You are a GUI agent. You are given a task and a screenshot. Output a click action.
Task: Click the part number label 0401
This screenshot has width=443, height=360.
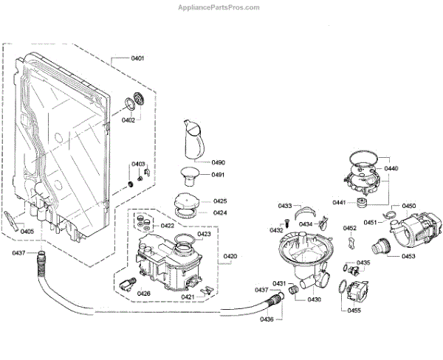pyautogui.click(x=137, y=58)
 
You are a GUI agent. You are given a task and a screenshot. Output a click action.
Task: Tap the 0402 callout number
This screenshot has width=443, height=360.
pyautogui.click(x=128, y=120)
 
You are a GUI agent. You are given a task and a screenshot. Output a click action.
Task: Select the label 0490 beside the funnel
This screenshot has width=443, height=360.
pyautogui.click(x=219, y=162)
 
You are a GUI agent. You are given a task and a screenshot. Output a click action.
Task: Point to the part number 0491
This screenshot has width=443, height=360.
pyautogui.click(x=219, y=175)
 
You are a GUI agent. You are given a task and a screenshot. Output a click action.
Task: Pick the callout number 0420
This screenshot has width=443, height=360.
pyautogui.click(x=230, y=256)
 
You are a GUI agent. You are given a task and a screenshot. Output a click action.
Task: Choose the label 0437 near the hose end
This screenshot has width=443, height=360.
pyautogui.click(x=19, y=253)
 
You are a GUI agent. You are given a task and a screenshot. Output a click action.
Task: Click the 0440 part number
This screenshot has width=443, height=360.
pyautogui.click(x=391, y=169)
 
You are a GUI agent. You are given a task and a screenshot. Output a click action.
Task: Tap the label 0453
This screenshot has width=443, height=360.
pyautogui.click(x=409, y=256)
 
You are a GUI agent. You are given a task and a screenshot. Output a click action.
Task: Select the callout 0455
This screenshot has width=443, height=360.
pyautogui.click(x=354, y=311)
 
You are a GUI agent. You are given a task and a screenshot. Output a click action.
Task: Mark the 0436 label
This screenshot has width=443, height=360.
pyautogui.click(x=267, y=319)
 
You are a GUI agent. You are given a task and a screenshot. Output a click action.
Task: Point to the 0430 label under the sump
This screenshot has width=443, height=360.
pyautogui.click(x=315, y=300)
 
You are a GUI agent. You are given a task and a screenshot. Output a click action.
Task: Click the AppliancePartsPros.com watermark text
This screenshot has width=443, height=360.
pyautogui.click(x=219, y=7)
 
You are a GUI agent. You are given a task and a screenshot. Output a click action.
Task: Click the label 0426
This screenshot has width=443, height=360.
pyautogui.click(x=143, y=293)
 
